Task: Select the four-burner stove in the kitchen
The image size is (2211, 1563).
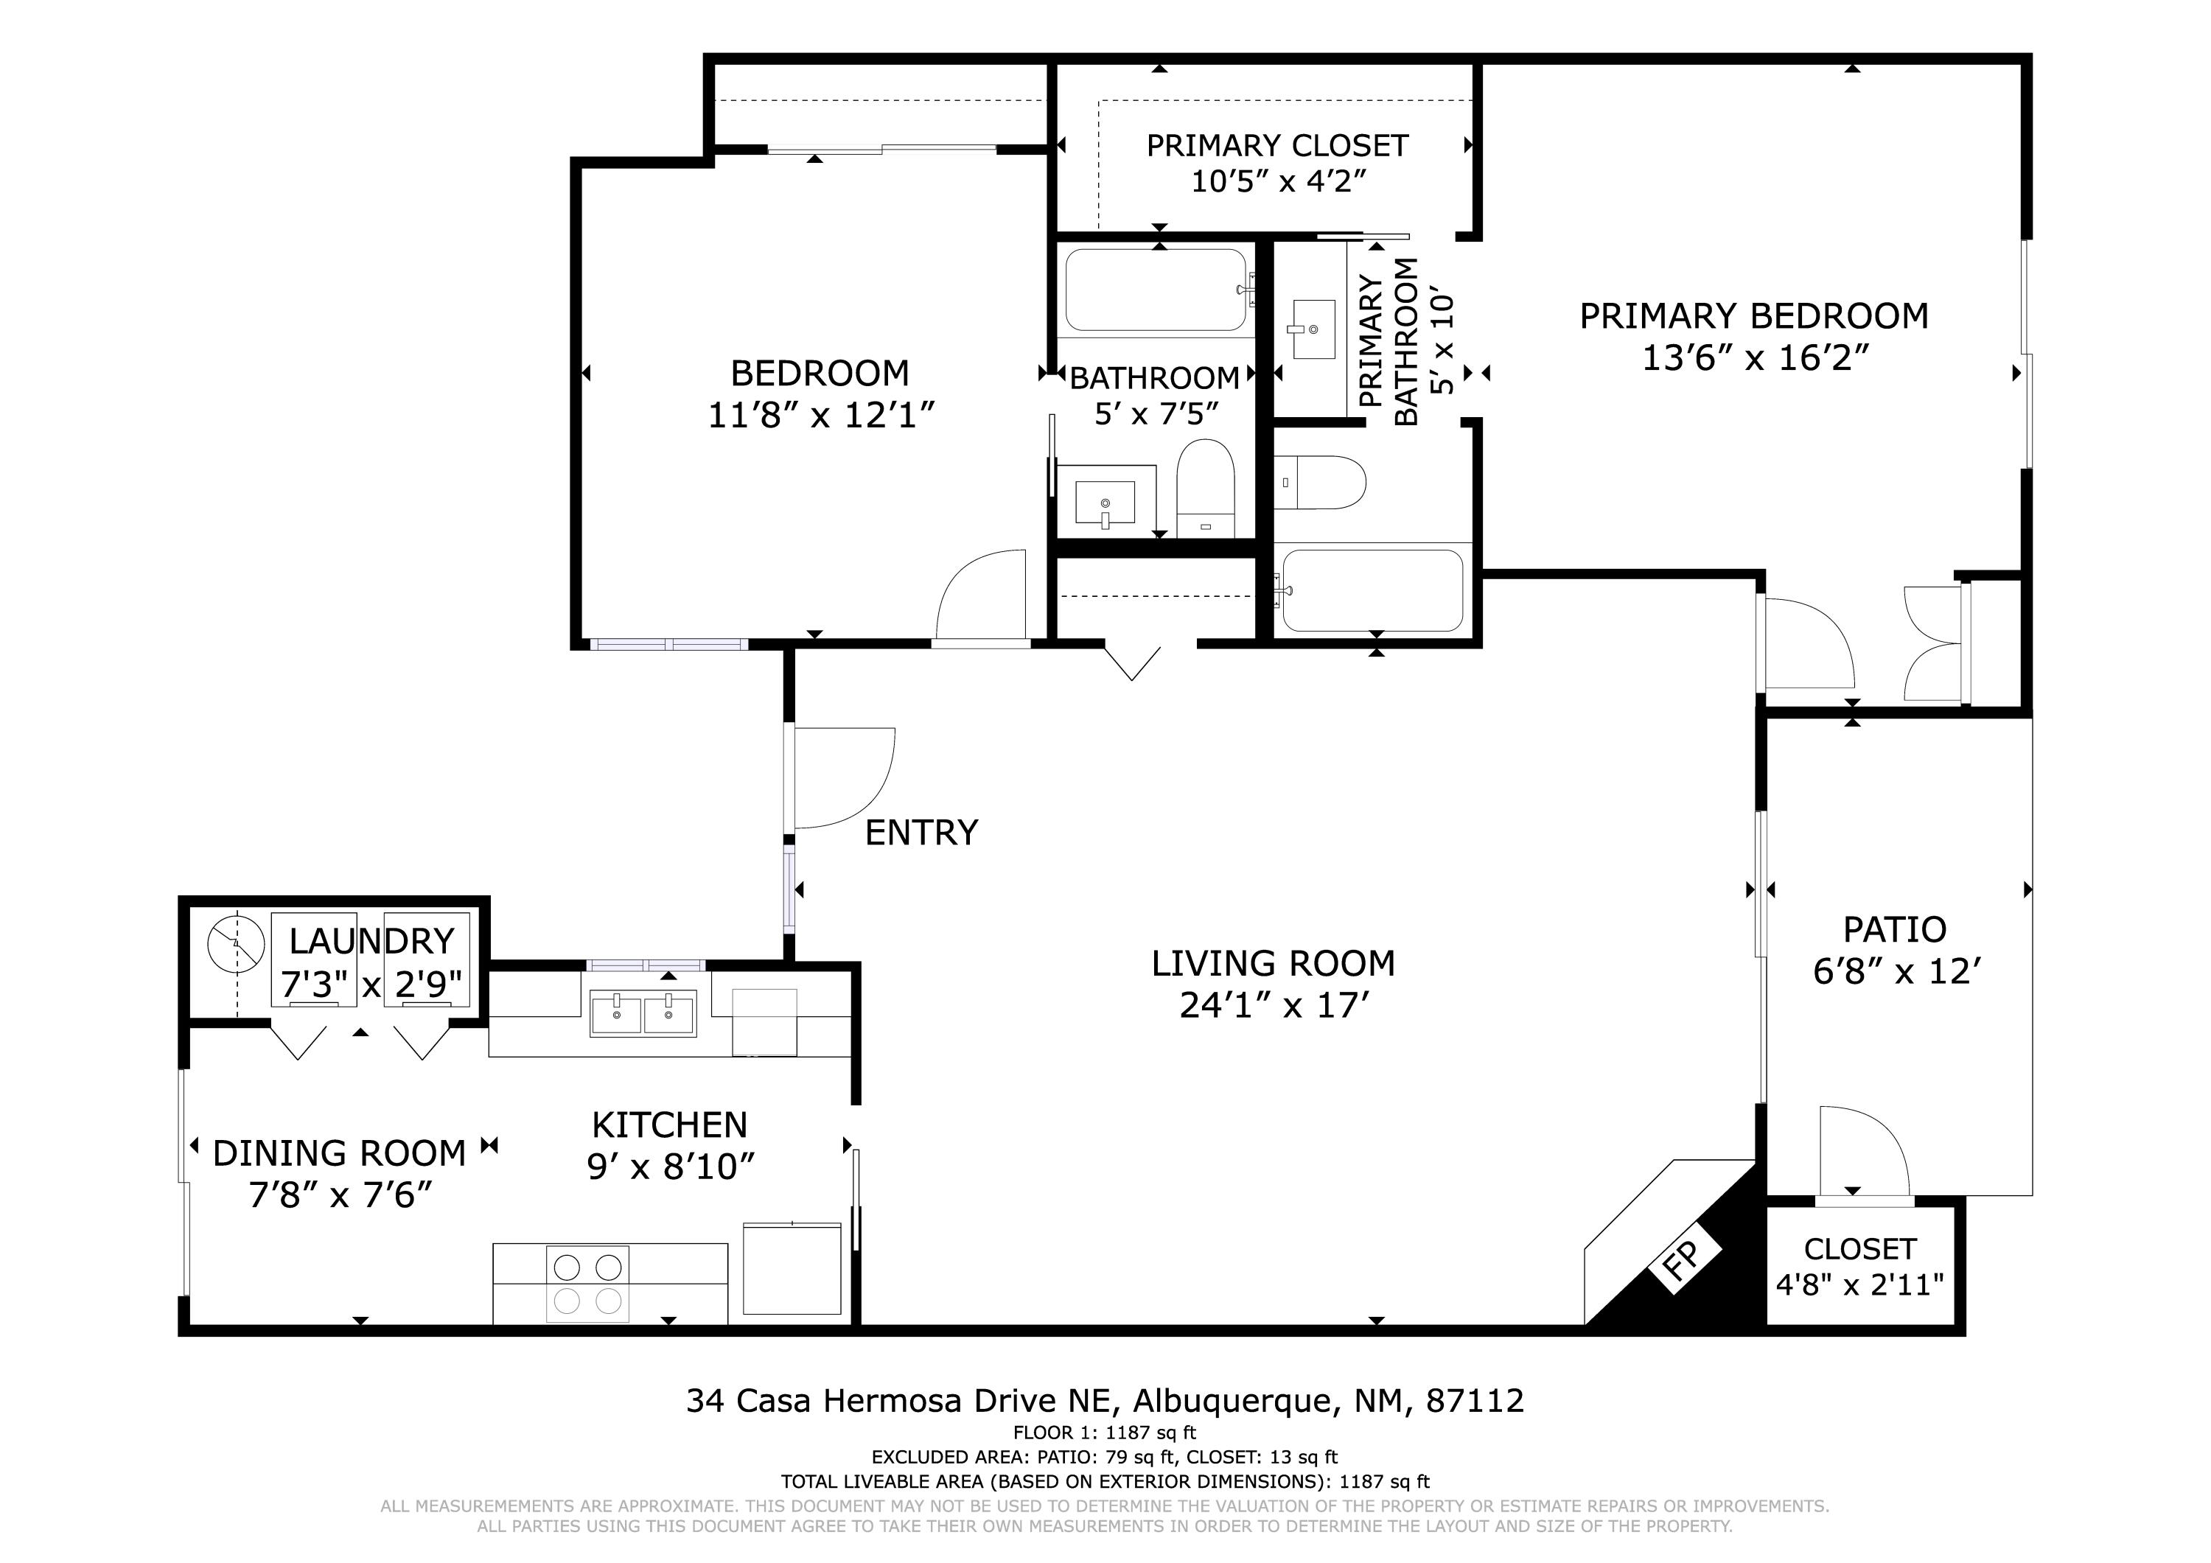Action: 587,1283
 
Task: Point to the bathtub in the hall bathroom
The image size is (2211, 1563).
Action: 1156,290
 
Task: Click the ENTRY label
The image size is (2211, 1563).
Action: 921,832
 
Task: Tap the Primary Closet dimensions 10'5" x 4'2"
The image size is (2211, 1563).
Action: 1278,181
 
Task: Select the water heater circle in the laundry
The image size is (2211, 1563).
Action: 236,943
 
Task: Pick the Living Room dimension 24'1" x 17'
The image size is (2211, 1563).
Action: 1273,1005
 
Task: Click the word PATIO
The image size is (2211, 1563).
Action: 1894,929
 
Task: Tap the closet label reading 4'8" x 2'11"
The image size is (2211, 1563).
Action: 1859,1284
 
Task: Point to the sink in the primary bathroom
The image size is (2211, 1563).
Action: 1313,329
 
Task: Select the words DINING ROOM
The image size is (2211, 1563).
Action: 339,1153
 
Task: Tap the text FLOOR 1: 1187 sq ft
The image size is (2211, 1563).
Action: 1105,1432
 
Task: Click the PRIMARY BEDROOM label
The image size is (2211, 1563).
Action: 1753,316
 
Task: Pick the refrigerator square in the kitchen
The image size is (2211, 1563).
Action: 792,1267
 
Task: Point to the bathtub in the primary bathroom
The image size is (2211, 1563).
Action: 1373,590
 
